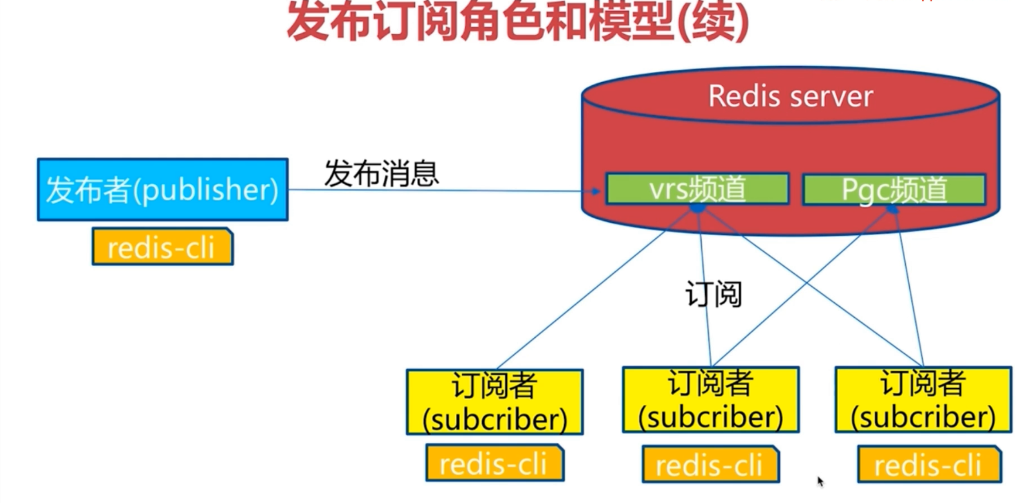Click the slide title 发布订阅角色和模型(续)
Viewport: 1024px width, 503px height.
pyautogui.click(x=517, y=21)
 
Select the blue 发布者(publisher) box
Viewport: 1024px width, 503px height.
pyautogui.click(x=162, y=189)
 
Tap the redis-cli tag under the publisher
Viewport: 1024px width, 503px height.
pyautogui.click(x=162, y=246)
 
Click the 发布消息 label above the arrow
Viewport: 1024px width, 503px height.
pyautogui.click(x=381, y=173)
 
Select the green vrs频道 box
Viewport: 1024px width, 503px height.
pyautogui.click(x=696, y=189)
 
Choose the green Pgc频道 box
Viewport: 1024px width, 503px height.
pyautogui.click(x=894, y=190)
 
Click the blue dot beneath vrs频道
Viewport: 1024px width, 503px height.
pyautogui.click(x=698, y=209)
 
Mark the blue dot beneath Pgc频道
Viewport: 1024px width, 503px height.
pyautogui.click(x=892, y=210)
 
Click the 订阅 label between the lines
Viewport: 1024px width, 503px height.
pyautogui.click(x=713, y=294)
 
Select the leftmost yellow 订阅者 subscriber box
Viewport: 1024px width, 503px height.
pyautogui.click(x=494, y=402)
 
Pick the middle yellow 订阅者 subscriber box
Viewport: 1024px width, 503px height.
pyautogui.click(x=710, y=400)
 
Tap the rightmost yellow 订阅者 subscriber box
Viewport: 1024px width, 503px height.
pyautogui.click(x=923, y=400)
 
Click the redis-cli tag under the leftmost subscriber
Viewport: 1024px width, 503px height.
pyautogui.click(x=494, y=463)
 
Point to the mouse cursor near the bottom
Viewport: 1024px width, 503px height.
pyautogui.click(x=821, y=480)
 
